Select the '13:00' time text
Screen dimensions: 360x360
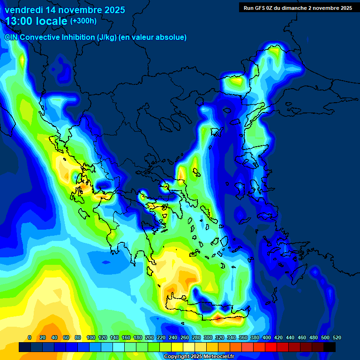tap(19, 21)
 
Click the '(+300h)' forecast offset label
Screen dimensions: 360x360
tap(83, 21)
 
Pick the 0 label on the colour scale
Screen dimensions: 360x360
tap(30, 337)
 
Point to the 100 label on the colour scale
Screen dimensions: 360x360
tap(91, 337)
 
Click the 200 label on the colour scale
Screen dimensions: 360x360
tap(150, 337)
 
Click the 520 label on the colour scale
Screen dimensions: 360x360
tap(337, 337)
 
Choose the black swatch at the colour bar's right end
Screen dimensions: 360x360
tap(330, 347)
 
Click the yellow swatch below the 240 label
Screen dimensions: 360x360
tap(177, 347)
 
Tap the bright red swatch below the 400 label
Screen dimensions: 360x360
tap(271, 347)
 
